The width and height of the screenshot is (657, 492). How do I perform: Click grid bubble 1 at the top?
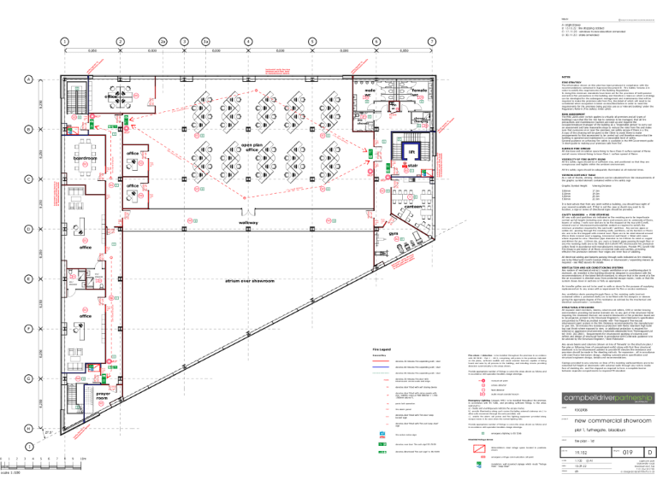(x=64, y=40)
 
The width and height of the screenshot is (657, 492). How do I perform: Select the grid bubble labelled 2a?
(x=162, y=40)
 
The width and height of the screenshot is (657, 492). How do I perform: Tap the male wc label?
(x=370, y=91)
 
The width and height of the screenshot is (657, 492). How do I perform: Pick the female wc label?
(x=419, y=91)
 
